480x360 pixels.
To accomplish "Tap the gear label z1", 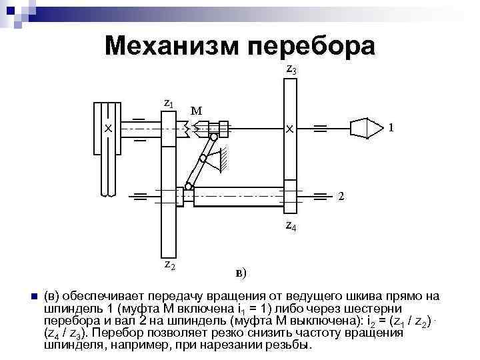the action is pos(169,104).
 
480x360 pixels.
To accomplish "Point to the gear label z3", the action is pos(291,68).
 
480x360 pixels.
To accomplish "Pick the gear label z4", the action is pos(291,226).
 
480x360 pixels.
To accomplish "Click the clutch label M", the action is pos(196,110).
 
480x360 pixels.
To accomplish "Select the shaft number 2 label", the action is pos(341,196).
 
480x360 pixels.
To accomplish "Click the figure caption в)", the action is pos(241,272).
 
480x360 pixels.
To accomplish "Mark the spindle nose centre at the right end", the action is pos(363,127).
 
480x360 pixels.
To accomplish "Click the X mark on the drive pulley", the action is pos(106,127).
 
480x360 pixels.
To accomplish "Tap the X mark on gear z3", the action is pos(289,128).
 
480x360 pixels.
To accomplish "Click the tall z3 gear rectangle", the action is pos(290,100).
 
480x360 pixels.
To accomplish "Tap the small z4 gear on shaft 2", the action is pos(290,196).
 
